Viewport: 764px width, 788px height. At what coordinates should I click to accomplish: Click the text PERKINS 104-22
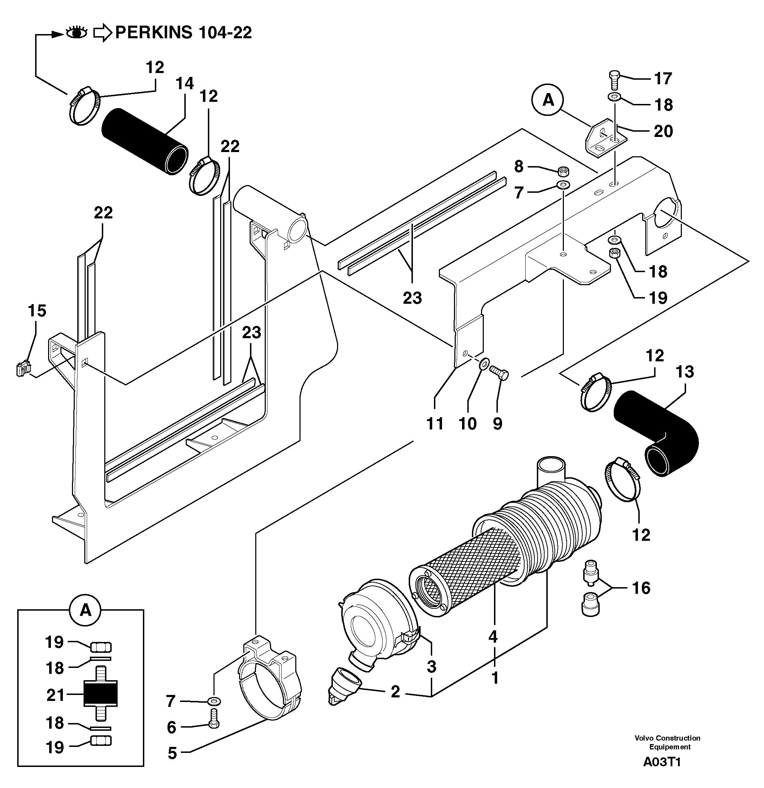click(183, 33)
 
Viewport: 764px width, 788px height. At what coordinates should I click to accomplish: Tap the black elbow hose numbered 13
click(659, 434)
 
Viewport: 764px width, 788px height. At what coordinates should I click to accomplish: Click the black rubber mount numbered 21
click(100, 695)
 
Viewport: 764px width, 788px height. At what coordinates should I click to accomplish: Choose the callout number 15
click(37, 311)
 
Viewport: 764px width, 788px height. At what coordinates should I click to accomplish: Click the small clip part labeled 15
click(23, 369)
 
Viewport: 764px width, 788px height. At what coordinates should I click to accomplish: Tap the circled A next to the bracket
click(548, 100)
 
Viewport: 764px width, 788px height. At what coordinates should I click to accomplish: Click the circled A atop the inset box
click(85, 610)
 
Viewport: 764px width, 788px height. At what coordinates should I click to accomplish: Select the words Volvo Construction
click(667, 738)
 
